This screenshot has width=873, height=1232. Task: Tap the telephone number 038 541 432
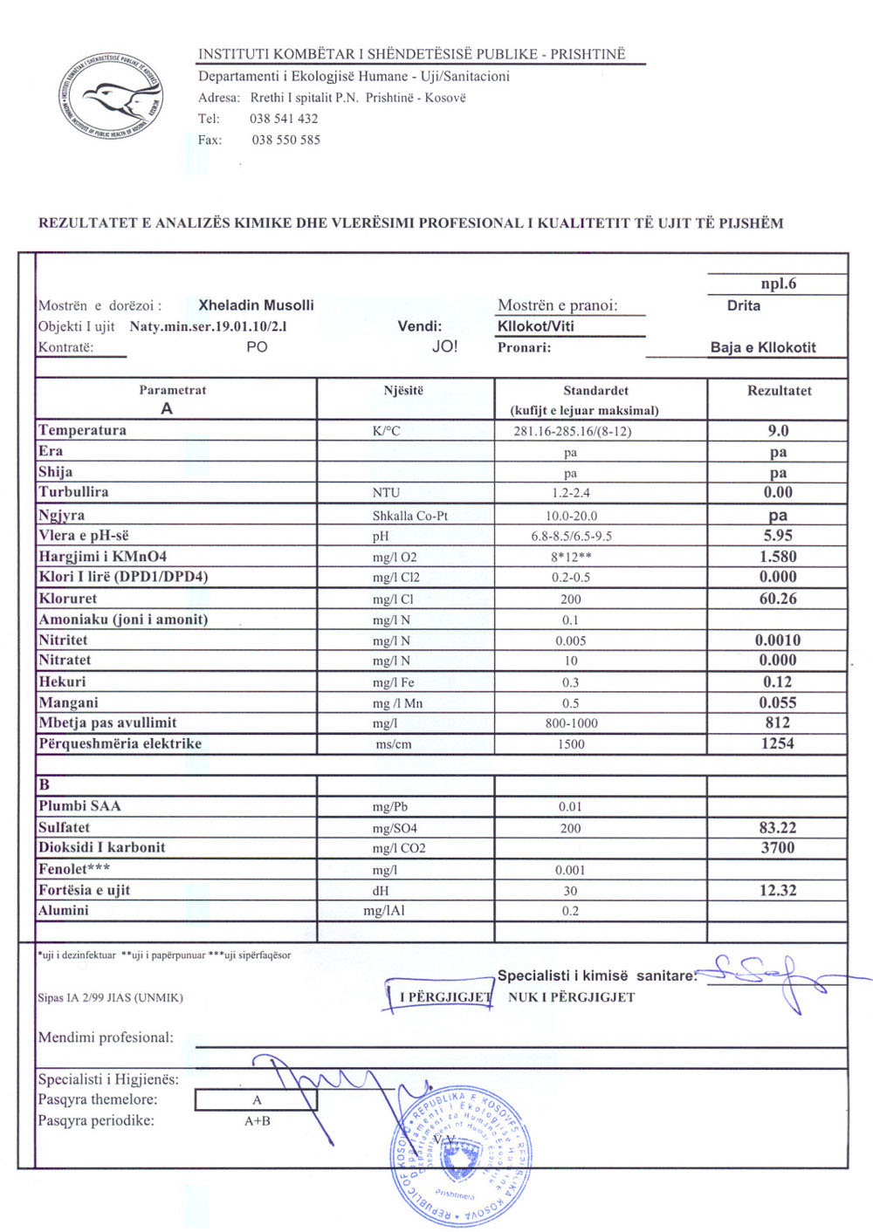pos(284,119)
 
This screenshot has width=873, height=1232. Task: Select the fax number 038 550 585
pos(285,140)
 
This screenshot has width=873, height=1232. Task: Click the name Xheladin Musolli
pos(256,305)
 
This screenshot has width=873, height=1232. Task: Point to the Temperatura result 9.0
pos(778,430)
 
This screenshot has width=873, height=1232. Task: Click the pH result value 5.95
pos(778,536)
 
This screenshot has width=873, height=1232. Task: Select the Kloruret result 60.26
pos(778,599)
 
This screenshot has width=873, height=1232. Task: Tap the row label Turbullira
pos(73,492)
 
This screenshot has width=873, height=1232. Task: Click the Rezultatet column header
pos(779,391)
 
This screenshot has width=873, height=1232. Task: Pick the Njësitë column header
pos(403,391)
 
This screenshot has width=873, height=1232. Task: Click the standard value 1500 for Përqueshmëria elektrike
pos(570,744)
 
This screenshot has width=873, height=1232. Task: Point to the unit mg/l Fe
pos(394,682)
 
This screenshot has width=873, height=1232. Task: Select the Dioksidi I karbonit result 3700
pos(778,847)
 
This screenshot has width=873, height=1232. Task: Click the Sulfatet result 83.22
pos(778,827)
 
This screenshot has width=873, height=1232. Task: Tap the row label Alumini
pos(63,910)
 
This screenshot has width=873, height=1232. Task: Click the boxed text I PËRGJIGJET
pos(444,996)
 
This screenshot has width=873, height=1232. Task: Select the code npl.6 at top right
pos(778,284)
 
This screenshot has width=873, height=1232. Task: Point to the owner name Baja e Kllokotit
pos(763,347)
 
